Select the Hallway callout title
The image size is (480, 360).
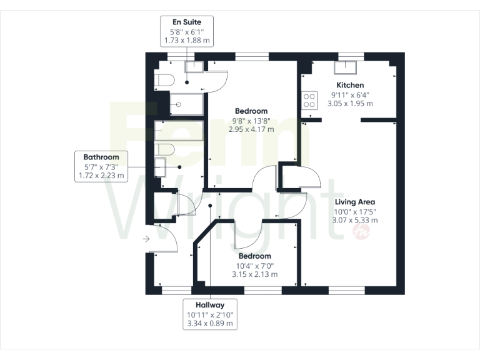[210, 306]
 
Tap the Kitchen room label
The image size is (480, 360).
[350, 85]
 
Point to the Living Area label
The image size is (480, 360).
[354, 201]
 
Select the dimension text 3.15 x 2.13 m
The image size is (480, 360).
[254, 274]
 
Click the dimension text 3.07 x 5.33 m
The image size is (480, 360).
[354, 220]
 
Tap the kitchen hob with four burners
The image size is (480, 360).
[309, 101]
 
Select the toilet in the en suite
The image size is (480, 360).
[164, 81]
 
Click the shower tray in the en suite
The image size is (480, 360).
[186, 104]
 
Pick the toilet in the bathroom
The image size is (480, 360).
[164, 149]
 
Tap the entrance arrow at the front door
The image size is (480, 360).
[146, 239]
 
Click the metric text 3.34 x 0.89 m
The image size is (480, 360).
[210, 324]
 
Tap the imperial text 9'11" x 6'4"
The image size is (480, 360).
[350, 95]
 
